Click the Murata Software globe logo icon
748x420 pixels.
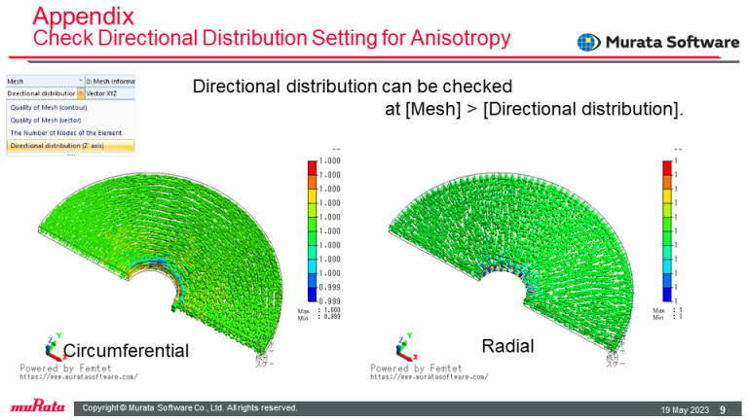click(x=589, y=44)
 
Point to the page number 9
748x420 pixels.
click(x=722, y=408)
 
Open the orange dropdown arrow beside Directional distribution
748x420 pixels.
click(x=81, y=93)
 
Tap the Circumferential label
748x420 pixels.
click(x=126, y=350)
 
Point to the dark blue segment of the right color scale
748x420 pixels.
click(x=666, y=293)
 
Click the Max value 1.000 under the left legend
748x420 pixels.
click(x=332, y=311)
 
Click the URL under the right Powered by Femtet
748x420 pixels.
click(x=429, y=376)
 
